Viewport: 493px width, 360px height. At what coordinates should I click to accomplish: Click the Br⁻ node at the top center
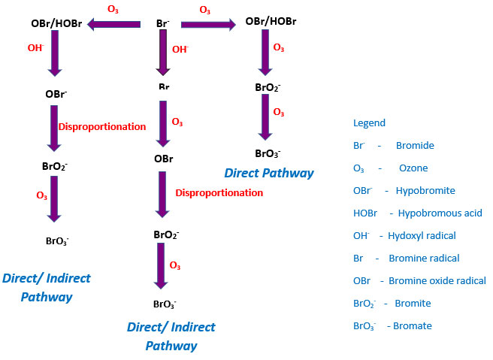pyautogui.click(x=162, y=23)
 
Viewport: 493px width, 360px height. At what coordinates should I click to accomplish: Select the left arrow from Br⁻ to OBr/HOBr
pyautogui.click(x=113, y=25)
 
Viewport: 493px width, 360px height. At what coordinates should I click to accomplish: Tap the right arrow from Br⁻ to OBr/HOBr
pyautogui.click(x=208, y=25)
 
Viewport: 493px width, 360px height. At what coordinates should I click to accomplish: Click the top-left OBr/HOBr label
pyautogui.click(x=56, y=24)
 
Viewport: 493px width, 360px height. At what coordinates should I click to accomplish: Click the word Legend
pyautogui.click(x=369, y=123)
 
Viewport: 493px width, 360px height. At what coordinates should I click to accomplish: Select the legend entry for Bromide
pyautogui.click(x=393, y=145)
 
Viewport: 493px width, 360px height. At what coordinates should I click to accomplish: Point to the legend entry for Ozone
pyautogui.click(x=390, y=168)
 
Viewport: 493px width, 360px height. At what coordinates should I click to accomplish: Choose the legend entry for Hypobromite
pyautogui.click(x=404, y=190)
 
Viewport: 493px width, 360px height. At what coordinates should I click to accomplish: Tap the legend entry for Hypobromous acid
pyautogui.click(x=417, y=213)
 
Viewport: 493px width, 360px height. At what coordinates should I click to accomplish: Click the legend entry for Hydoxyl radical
pyautogui.click(x=404, y=235)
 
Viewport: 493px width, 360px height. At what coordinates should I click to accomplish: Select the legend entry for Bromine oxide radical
pyautogui.click(x=419, y=280)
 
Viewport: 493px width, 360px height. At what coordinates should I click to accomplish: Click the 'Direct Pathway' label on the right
pyautogui.click(x=268, y=173)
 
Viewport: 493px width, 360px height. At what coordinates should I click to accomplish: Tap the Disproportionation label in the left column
pyautogui.click(x=101, y=126)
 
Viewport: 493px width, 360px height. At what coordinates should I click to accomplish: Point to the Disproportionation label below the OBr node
pyautogui.click(x=219, y=192)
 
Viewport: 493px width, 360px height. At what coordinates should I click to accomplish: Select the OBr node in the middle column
pyautogui.click(x=164, y=159)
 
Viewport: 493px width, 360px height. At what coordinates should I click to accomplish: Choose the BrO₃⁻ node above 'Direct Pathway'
pyautogui.click(x=268, y=153)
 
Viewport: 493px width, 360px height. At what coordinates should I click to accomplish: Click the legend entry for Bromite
pyautogui.click(x=392, y=303)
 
